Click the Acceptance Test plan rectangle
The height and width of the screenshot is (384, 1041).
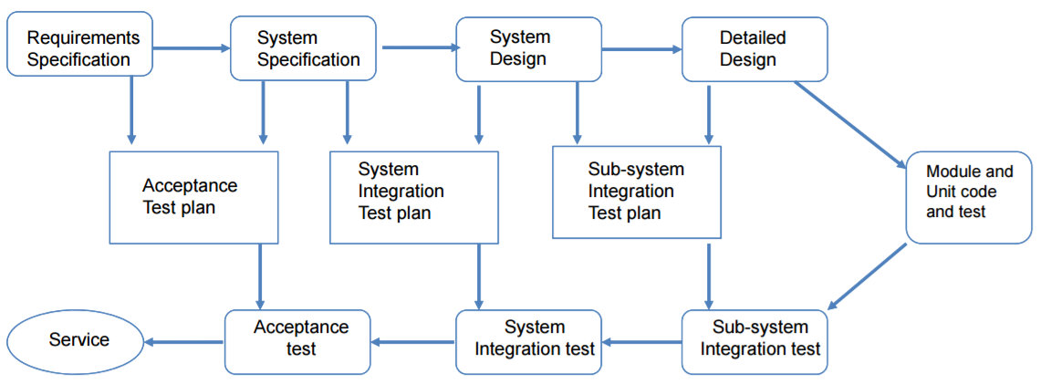[193, 197]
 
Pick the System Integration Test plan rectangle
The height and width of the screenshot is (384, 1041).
[414, 197]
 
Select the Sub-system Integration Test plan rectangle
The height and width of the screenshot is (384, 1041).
[637, 192]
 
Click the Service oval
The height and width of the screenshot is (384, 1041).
[75, 341]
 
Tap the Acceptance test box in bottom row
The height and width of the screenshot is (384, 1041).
[298, 341]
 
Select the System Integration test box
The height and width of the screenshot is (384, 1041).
[529, 341]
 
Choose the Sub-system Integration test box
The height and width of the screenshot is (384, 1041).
[755, 341]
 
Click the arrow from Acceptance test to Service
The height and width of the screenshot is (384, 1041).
[183, 342]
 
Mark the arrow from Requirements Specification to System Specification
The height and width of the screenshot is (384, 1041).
[191, 47]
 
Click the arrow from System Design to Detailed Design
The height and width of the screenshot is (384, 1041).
[641, 49]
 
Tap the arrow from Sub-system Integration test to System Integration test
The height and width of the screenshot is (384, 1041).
[641, 343]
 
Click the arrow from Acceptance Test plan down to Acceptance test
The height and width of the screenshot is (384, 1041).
[260, 276]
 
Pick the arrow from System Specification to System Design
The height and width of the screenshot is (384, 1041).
[421, 47]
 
